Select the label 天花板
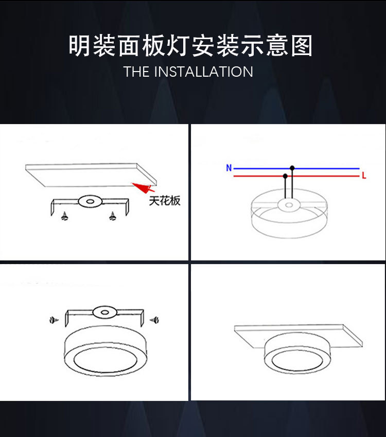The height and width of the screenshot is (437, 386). [165, 201]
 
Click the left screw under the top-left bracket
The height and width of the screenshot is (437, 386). [65, 217]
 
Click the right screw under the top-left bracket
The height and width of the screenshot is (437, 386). [112, 217]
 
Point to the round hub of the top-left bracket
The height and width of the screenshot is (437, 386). [90, 201]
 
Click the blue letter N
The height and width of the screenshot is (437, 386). [229, 168]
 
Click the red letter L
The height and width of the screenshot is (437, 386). [363, 176]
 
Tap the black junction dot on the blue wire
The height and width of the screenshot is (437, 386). [292, 168]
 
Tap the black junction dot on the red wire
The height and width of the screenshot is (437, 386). [285, 176]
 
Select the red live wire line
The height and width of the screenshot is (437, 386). [324, 176]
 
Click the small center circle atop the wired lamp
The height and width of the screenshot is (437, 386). [288, 205]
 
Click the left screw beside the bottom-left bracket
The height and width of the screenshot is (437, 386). [52, 320]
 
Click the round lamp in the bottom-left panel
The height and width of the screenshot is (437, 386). [104, 355]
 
